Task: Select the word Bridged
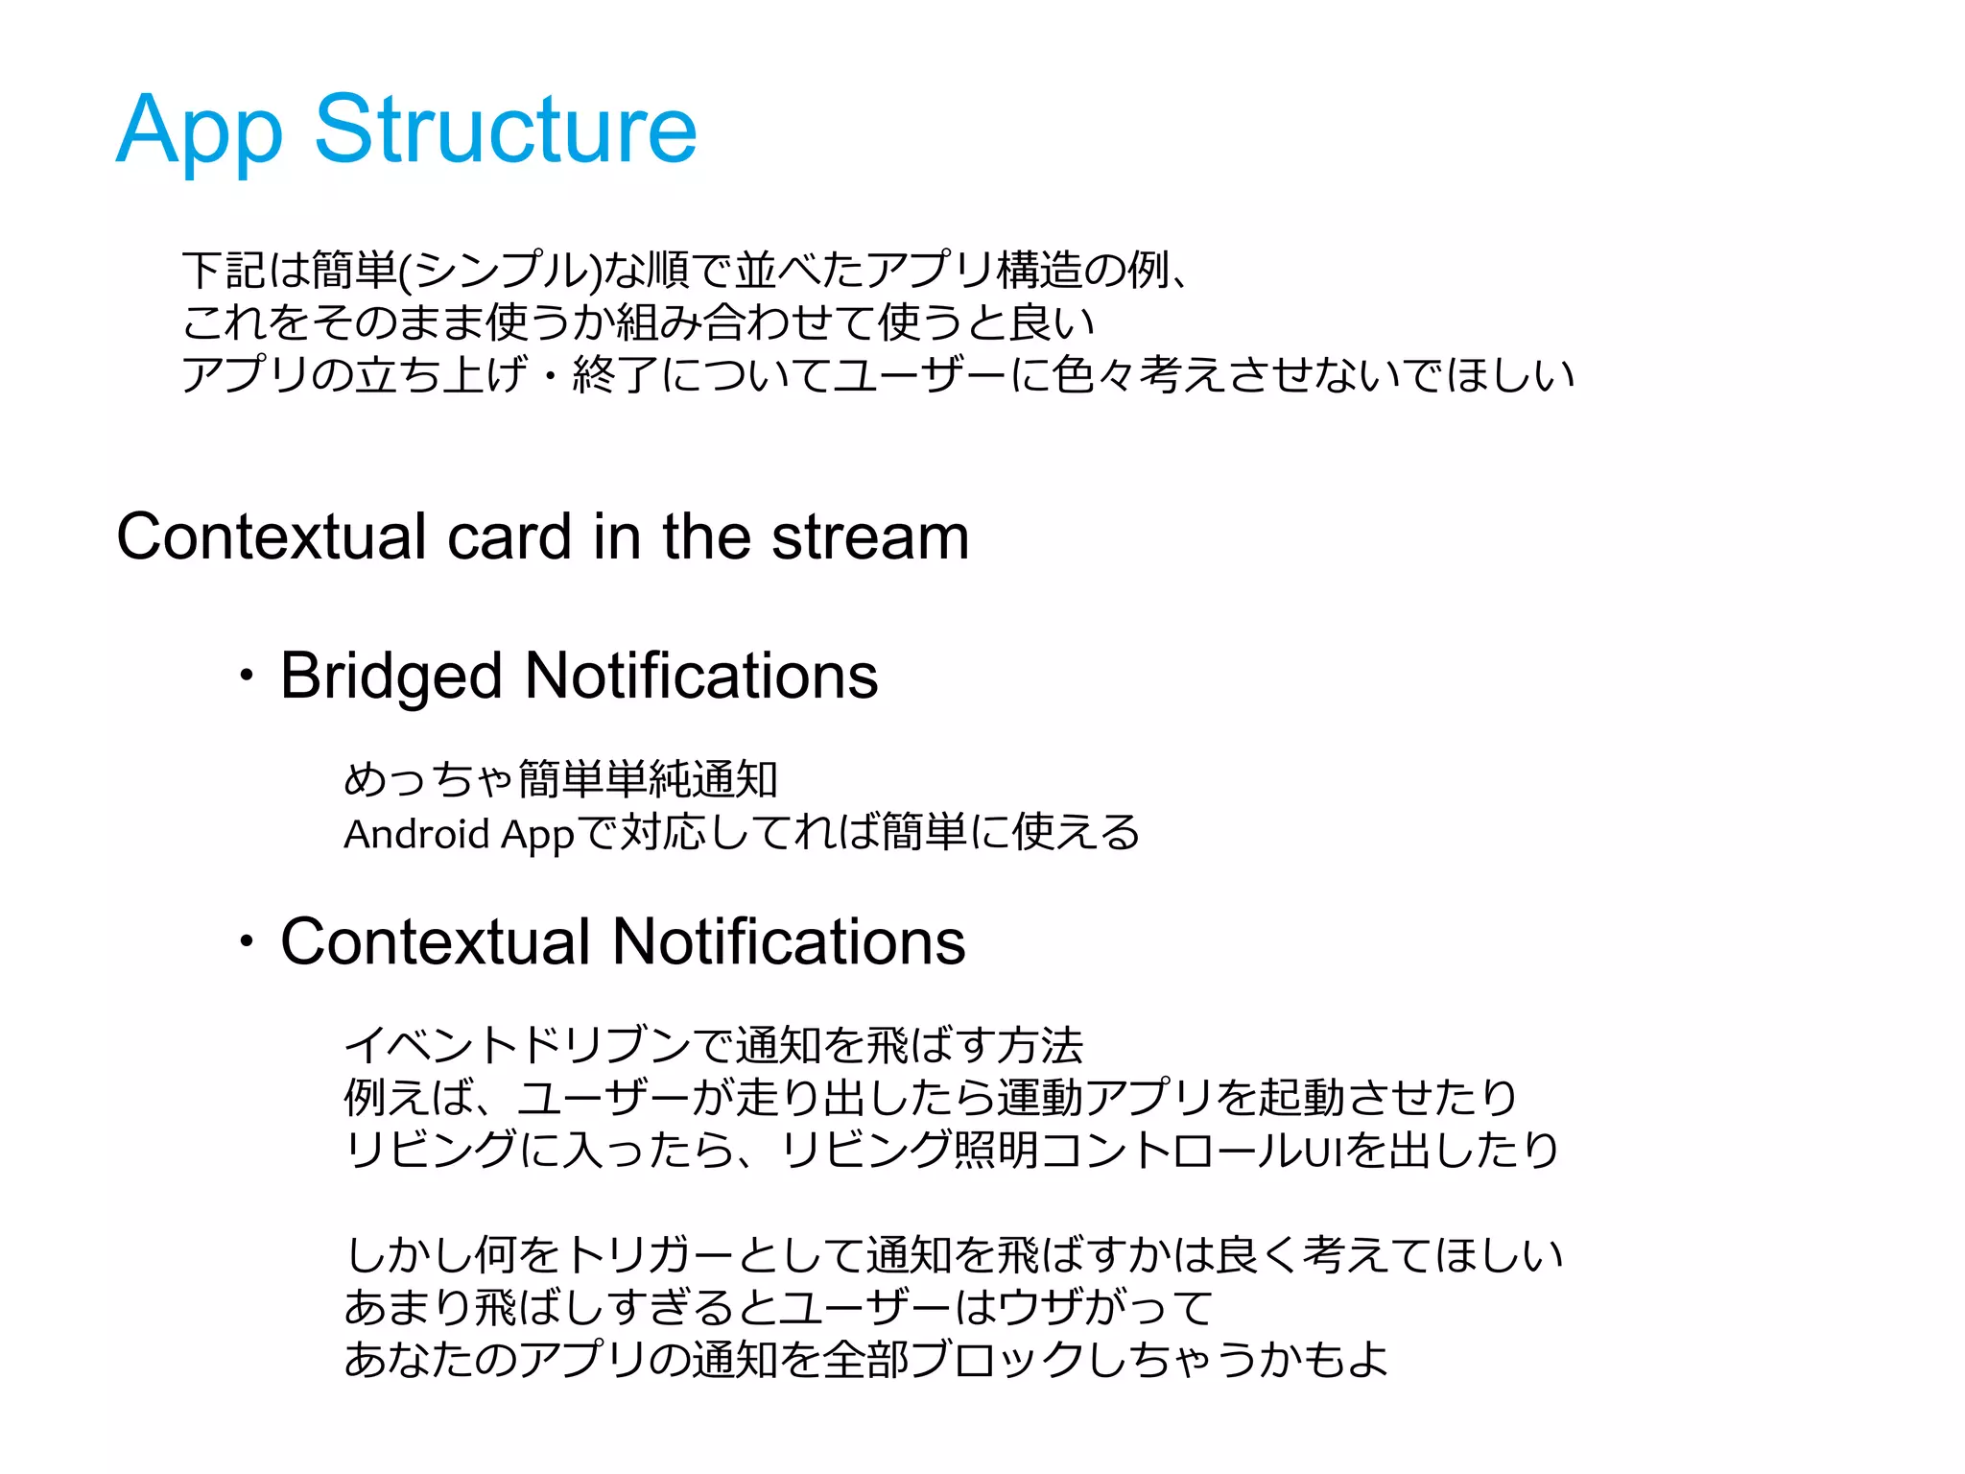391,677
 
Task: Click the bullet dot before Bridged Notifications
248,676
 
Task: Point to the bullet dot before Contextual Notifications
248,941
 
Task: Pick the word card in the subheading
510,536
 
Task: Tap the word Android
416,833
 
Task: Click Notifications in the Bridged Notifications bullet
701,676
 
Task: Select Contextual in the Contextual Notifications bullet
435,941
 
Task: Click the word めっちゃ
428,779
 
